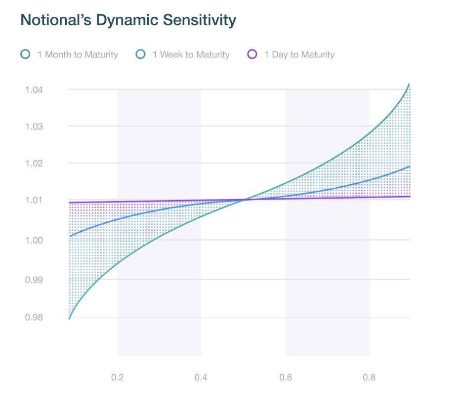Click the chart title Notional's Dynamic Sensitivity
128,20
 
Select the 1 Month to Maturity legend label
78,55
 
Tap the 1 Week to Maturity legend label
191,55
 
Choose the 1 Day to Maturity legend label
299,55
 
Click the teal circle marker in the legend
25,54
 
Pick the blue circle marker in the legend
141,54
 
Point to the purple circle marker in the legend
252,54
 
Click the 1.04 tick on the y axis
34,90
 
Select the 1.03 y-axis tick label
34,127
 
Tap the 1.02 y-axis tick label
34,164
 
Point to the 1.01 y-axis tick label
34,200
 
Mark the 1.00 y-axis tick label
34,241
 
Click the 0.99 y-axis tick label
34,280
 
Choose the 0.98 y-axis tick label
34,318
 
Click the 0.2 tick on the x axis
117,378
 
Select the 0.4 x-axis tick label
201,378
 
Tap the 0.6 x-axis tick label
285,378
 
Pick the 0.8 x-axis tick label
369,378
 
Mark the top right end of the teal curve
410,84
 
